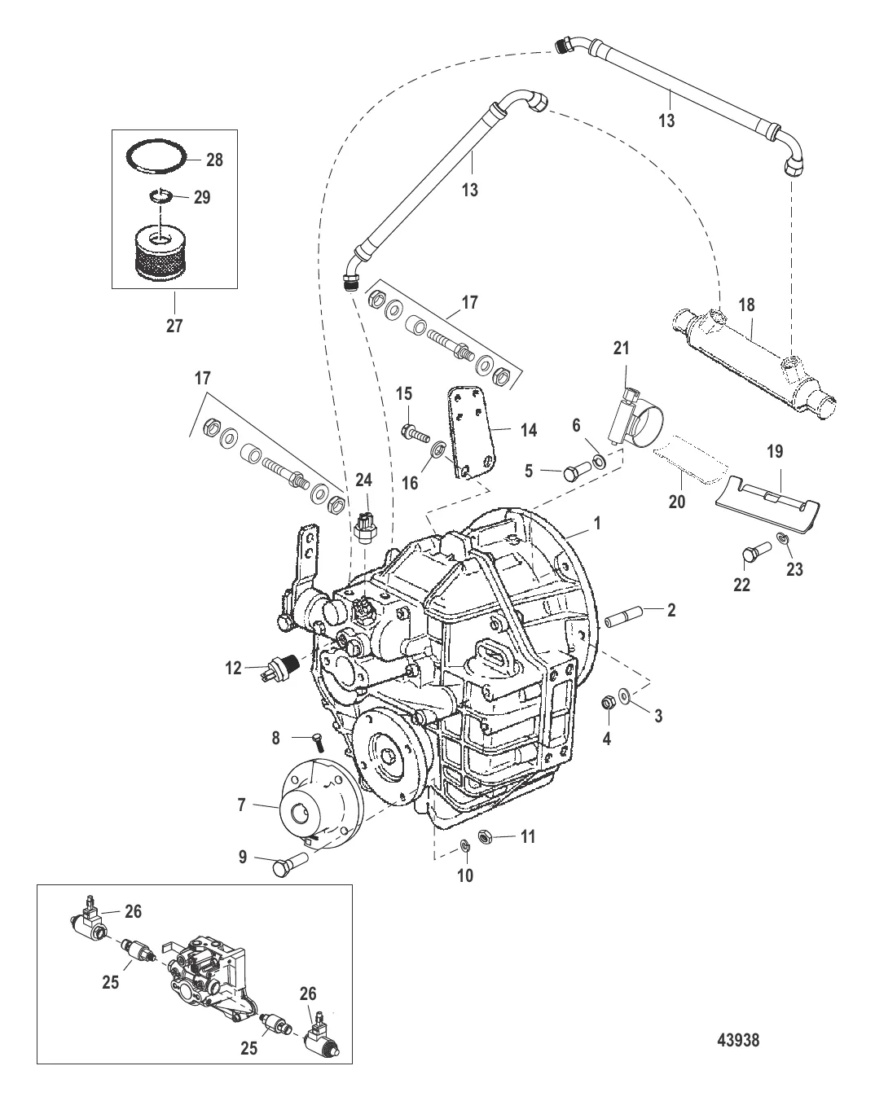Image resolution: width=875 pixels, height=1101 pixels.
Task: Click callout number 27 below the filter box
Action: (174, 326)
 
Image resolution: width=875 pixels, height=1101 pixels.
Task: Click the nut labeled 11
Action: (485, 851)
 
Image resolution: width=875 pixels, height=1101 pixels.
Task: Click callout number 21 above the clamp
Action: (621, 348)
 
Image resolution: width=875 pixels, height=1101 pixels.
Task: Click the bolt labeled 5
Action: (577, 472)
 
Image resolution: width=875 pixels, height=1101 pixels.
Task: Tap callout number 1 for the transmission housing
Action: (596, 524)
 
